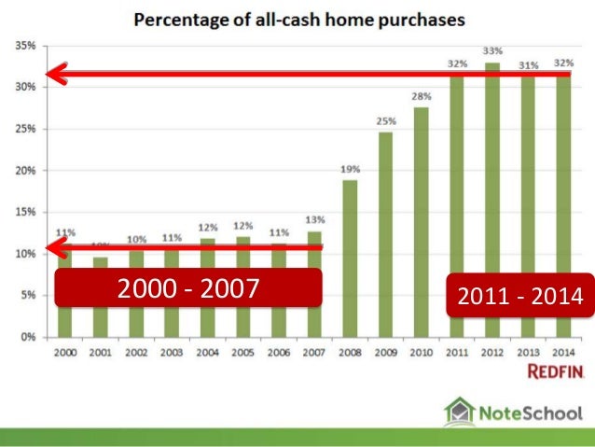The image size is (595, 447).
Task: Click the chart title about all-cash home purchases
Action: coord(297,18)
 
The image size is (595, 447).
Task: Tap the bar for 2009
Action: coord(385,233)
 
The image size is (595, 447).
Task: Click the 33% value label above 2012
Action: coord(492,50)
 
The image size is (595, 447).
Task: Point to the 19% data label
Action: coord(350,169)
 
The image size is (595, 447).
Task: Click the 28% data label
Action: coord(421,95)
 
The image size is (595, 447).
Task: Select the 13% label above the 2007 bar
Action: coord(315,219)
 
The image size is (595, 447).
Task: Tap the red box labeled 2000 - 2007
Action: coord(187,288)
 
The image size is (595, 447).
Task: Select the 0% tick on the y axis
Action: coord(26,336)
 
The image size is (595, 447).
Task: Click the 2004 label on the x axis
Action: coord(208,355)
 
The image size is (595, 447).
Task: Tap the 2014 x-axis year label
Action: coord(562,355)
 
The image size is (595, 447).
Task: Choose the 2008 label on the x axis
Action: coord(350,355)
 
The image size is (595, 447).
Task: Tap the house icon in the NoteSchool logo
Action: coord(459,411)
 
